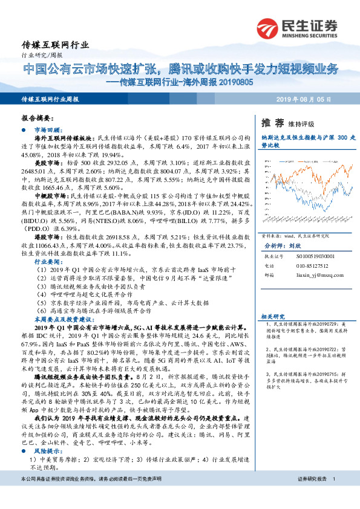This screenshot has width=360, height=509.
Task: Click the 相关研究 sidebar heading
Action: click(x=272, y=317)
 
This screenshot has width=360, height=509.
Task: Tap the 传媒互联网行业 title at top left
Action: click(x=55, y=44)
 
